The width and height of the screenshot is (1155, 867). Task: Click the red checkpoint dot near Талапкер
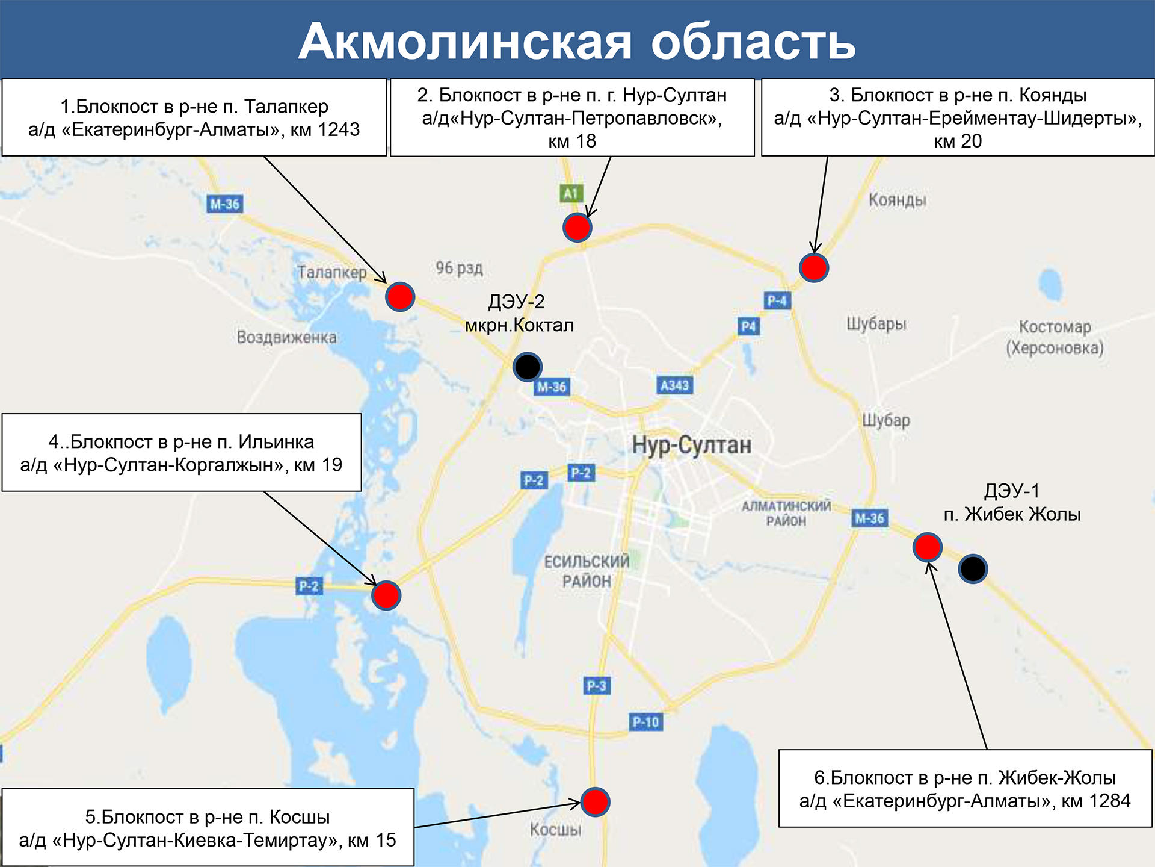400,296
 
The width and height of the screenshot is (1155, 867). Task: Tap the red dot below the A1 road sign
577,228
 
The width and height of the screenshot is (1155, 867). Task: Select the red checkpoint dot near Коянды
813,268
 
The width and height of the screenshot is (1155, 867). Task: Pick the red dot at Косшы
596,802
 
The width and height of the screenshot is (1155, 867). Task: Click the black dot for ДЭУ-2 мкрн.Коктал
528,366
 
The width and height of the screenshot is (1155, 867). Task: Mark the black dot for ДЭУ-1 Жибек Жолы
973,568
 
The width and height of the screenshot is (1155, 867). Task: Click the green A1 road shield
570,193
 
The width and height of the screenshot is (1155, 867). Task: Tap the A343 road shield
674,385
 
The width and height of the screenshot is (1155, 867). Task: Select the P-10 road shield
645,721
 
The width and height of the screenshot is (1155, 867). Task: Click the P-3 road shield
596,686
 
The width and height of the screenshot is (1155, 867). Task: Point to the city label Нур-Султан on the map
691,445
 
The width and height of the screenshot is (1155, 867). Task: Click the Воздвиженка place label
286,337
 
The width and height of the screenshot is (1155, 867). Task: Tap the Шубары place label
876,324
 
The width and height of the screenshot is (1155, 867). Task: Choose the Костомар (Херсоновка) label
1055,337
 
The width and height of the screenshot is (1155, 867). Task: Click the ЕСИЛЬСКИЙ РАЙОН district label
587,571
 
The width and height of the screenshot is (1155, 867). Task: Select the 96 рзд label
459,268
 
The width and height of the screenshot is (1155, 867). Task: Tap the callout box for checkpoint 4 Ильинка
182,453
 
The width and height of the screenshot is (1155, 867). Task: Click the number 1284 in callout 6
1110,801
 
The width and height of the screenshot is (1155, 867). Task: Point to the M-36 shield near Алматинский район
870,518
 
